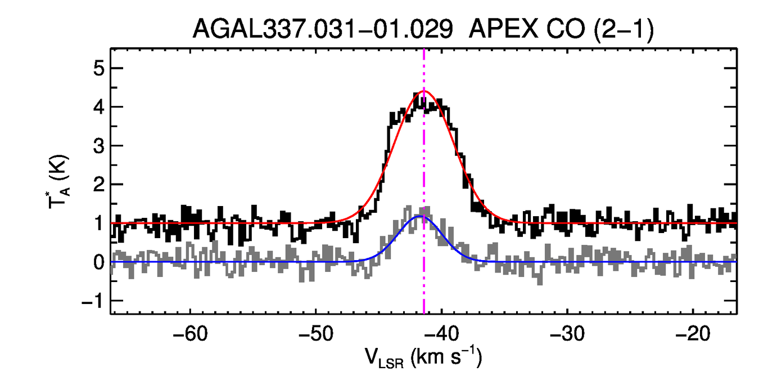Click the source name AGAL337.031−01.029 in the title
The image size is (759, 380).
(x=323, y=29)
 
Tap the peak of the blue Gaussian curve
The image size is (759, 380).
(x=419, y=216)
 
